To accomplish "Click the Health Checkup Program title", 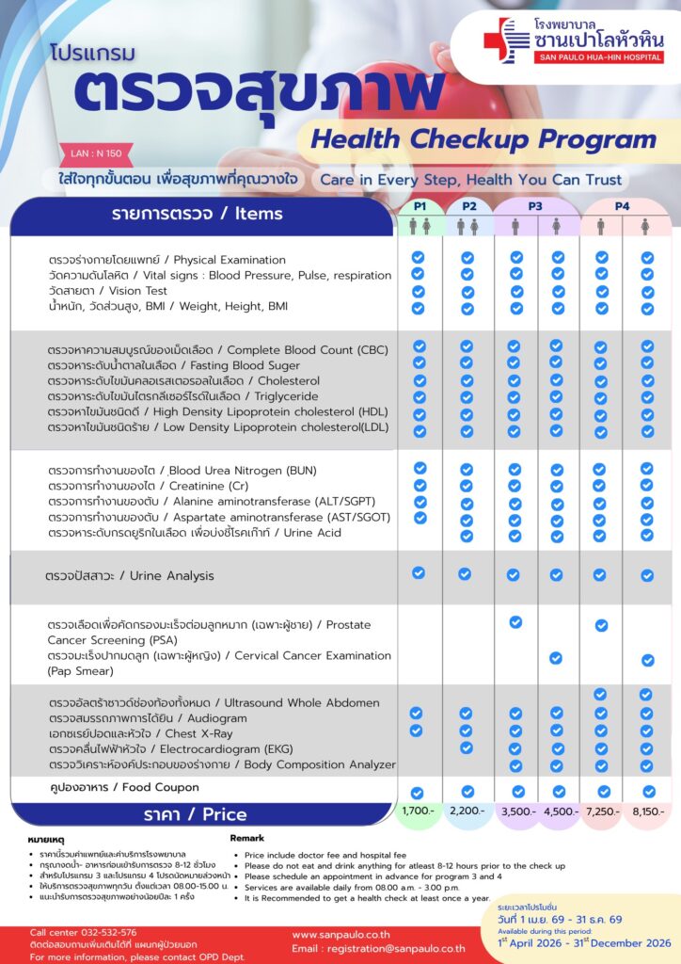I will tap(483, 140).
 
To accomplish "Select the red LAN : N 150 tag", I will tap(102, 153).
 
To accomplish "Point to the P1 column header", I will tap(420, 206).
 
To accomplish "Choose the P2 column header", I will tap(468, 206).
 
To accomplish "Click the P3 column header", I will tap(535, 206).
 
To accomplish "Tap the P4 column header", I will tap(623, 206).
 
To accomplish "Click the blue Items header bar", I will tap(201, 215).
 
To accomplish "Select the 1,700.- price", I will tap(418, 811).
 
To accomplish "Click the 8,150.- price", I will tap(648, 811).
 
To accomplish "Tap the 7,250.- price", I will tap(600, 811).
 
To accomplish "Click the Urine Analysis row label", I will tap(130, 575).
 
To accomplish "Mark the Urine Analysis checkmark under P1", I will tap(419, 573).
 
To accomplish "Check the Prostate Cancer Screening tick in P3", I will tap(515, 622).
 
